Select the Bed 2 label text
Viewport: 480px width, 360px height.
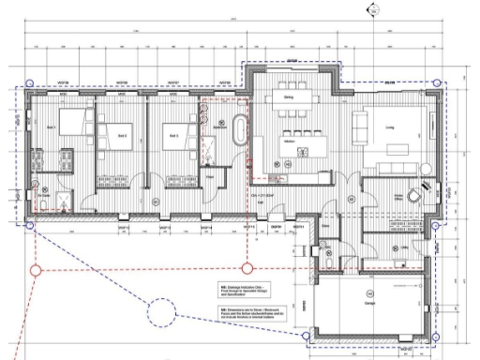[121, 135]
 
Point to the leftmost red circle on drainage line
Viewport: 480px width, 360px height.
[37, 272]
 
